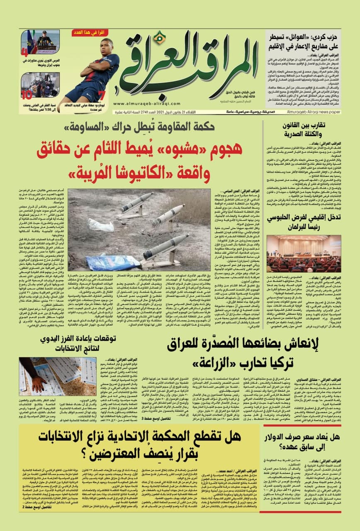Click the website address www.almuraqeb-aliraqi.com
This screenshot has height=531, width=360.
tap(141, 104)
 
